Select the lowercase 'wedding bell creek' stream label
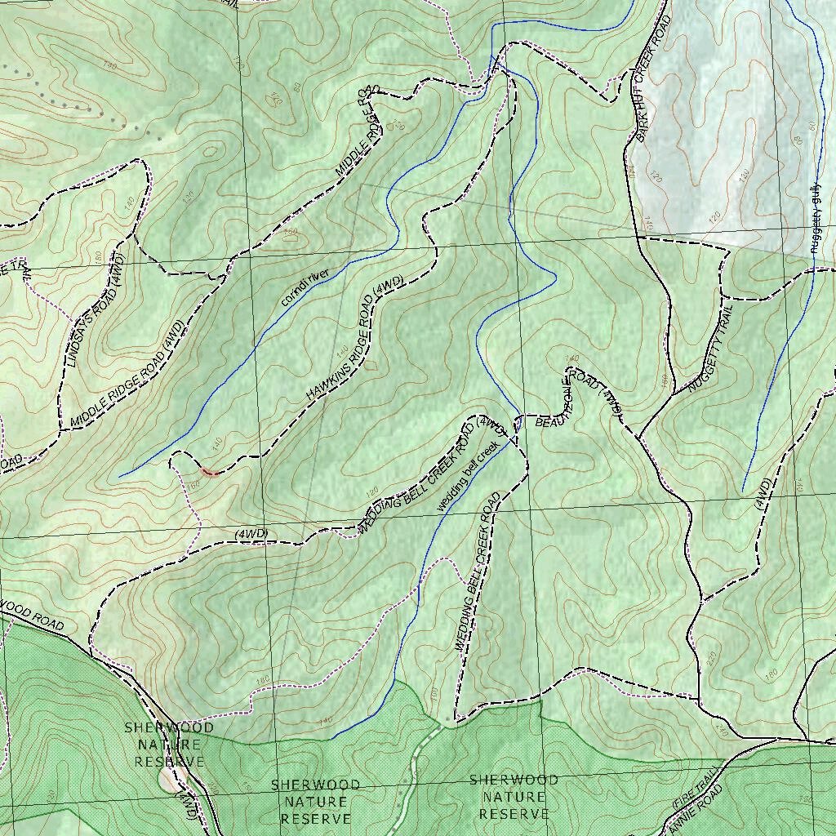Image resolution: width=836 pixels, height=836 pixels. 466,478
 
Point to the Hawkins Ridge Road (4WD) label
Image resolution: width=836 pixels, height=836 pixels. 355,339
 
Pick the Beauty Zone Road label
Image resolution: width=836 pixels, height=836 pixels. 578,397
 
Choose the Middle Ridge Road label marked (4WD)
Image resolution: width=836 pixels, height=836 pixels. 129,374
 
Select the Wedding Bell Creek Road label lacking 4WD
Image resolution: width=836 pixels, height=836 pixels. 477,571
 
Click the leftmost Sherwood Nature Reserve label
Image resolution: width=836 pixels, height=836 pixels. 169,744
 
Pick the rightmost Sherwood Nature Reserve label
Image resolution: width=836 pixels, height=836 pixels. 514,797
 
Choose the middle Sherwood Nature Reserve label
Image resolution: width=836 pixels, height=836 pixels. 314,801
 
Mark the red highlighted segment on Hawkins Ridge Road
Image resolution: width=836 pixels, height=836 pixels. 209,471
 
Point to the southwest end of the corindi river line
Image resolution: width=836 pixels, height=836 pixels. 120,476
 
